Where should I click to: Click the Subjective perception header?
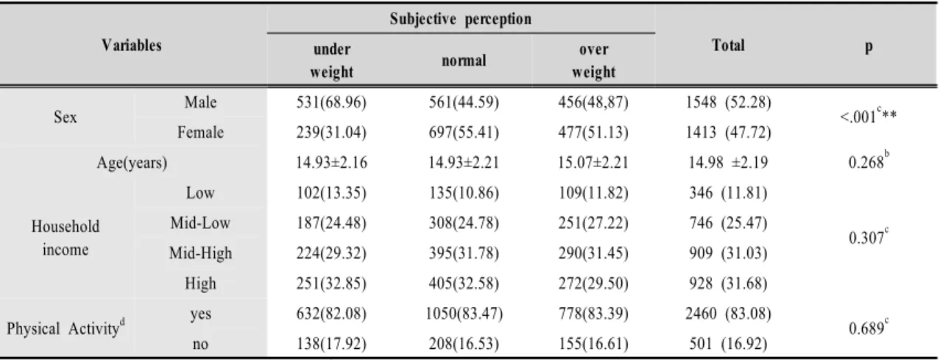(460, 19)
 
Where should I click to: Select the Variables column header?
(131, 45)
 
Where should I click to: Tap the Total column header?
(728, 45)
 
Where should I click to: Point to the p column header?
(869, 46)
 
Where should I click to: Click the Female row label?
(200, 133)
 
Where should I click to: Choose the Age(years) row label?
(132, 163)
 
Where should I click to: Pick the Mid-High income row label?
(200, 253)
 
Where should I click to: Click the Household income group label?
(66, 238)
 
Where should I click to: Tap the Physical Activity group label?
(66, 328)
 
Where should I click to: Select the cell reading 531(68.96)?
(331, 102)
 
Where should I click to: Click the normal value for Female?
(464, 133)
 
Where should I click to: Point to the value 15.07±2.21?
(593, 163)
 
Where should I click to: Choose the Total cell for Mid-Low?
(728, 223)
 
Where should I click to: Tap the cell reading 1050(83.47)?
(464, 314)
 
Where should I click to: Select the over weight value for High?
(593, 283)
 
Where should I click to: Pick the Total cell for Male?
(728, 102)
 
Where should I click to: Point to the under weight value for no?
(331, 344)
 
